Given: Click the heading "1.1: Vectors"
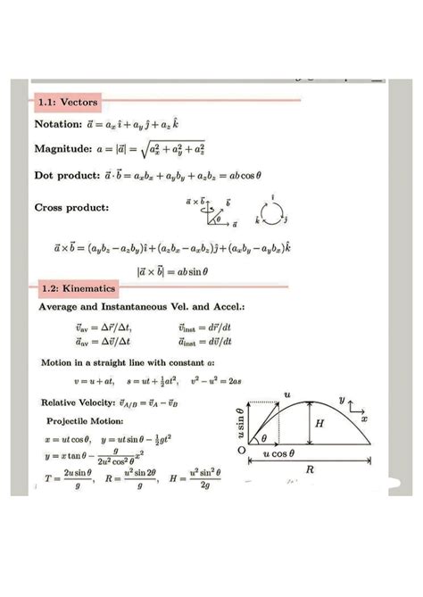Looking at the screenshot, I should (65, 103).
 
